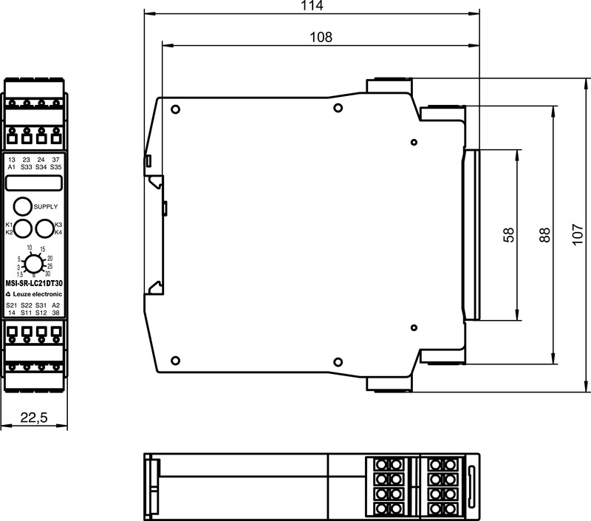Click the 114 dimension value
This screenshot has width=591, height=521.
pyautogui.click(x=312, y=6)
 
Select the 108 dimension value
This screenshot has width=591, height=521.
pyautogui.click(x=321, y=37)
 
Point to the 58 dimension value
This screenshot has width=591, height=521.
pyautogui.click(x=508, y=235)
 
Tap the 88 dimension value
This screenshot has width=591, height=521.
pyautogui.click(x=544, y=235)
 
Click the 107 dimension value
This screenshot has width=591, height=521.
pyautogui.click(x=578, y=235)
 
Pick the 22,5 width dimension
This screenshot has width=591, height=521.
pyautogui.click(x=34, y=418)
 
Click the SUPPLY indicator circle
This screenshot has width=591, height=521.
pyautogui.click(x=23, y=206)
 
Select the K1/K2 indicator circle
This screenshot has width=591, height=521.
pyautogui.click(x=23, y=228)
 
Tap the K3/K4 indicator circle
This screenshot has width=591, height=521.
pyautogui.click(x=44, y=228)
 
